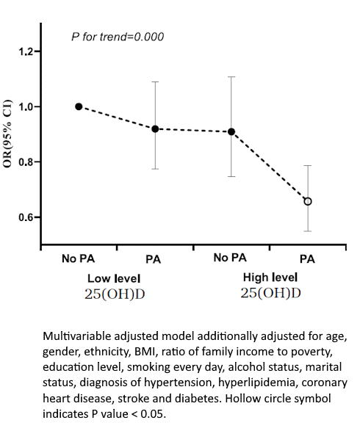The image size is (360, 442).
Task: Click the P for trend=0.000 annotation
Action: (x=118, y=37)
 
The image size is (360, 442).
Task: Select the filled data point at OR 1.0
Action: (x=79, y=106)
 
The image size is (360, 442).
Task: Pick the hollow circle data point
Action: (x=308, y=201)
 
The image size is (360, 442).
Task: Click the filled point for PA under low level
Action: (x=155, y=128)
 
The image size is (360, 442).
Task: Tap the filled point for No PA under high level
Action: (x=231, y=132)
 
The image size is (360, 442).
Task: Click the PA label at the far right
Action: (x=307, y=258)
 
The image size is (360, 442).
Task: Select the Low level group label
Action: (x=114, y=278)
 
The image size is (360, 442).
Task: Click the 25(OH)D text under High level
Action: (x=270, y=292)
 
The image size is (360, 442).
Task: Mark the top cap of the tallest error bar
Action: (x=231, y=76)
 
